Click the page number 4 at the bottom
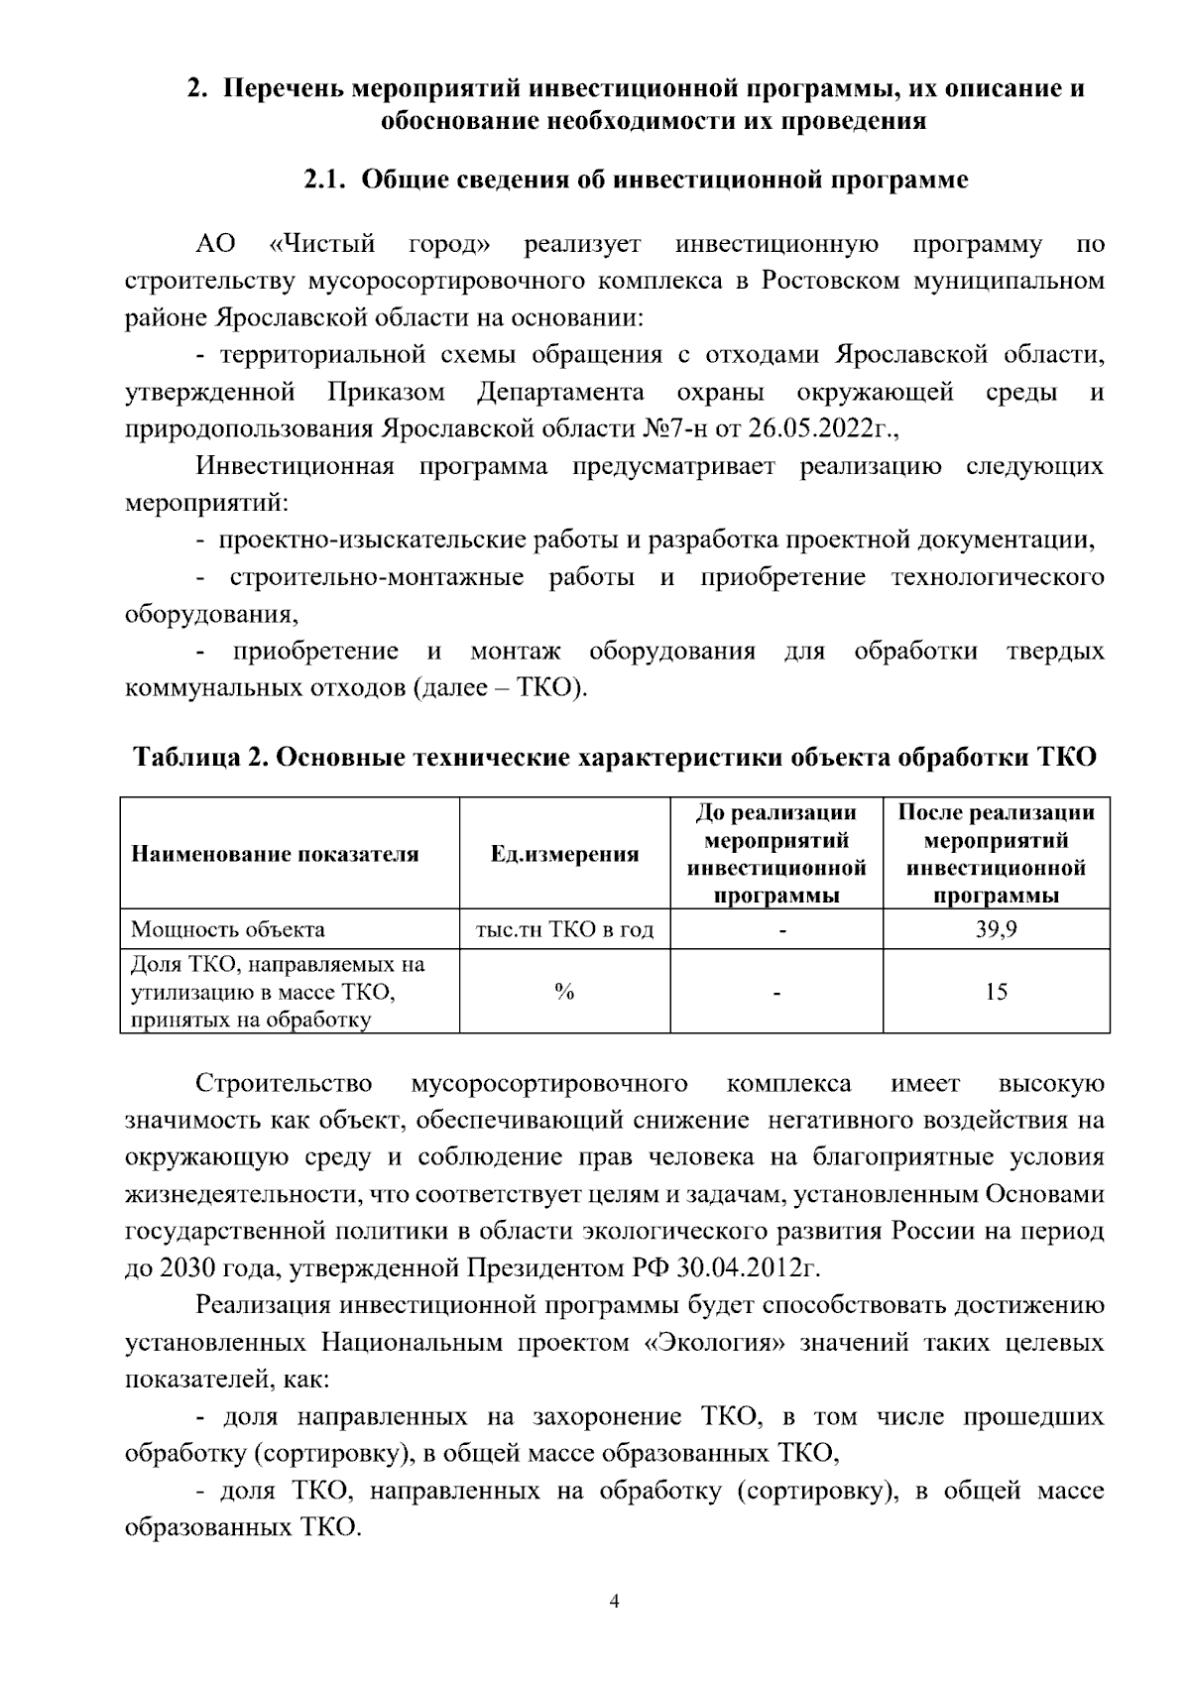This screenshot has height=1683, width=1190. [x=614, y=1602]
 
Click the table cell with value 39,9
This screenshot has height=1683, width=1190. [x=996, y=930]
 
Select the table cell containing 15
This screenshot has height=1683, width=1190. [x=996, y=992]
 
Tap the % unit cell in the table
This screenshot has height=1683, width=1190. [x=564, y=992]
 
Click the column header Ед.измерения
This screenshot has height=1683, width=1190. [x=564, y=854]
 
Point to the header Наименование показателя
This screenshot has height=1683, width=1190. [x=275, y=854]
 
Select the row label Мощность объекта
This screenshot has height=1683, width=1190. [x=228, y=930]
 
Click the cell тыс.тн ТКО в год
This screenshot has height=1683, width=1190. [x=564, y=930]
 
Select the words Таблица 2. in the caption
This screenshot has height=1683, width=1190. [x=199, y=758]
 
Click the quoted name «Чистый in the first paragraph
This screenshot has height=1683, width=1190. [x=322, y=244]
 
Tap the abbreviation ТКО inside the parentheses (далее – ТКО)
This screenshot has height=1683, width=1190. [x=548, y=688]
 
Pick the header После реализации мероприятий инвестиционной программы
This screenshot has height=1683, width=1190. [x=996, y=854]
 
